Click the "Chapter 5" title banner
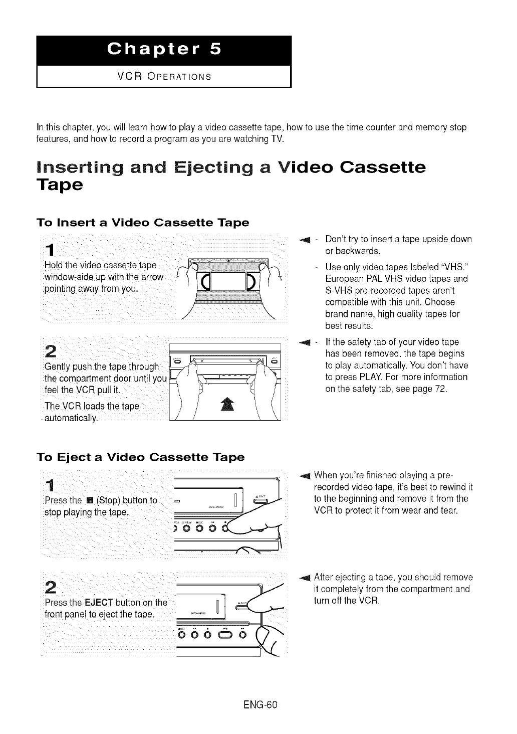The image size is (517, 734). pos(163,50)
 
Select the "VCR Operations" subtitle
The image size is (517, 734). pos(163,77)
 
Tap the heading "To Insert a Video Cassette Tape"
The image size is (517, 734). pos(143,222)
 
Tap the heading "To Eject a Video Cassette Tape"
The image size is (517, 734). pos(141,457)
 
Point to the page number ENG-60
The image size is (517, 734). pos(258,704)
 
